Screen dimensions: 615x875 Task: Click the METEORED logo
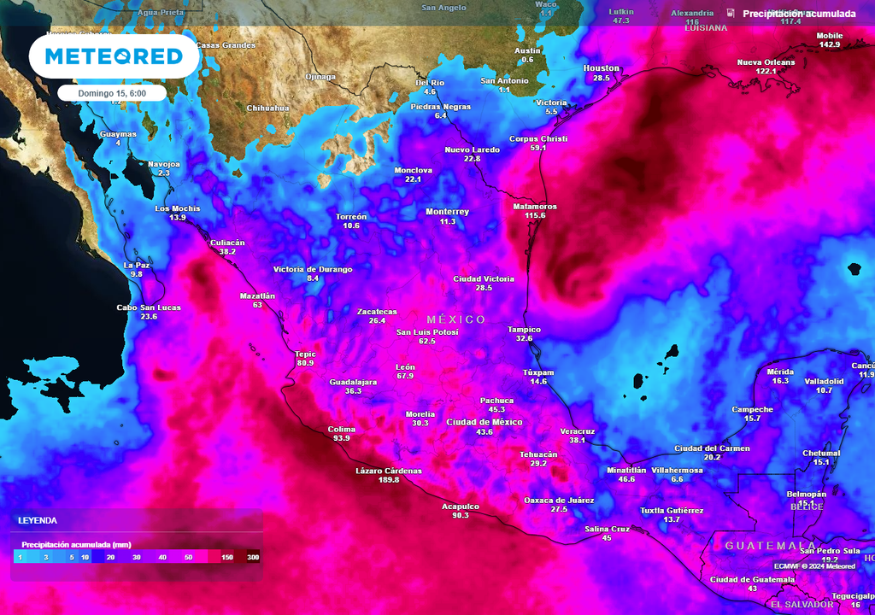pyautogui.click(x=114, y=56)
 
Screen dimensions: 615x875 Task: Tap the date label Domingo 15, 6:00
pyautogui.click(x=112, y=93)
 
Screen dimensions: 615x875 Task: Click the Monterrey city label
pyautogui.click(x=448, y=212)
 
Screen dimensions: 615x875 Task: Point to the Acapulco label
pyautogui.click(x=460, y=506)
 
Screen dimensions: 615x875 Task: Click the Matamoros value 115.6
pyautogui.click(x=535, y=215)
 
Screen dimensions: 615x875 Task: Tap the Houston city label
pyautogui.click(x=602, y=68)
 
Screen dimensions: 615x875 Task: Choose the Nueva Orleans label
pyautogui.click(x=766, y=62)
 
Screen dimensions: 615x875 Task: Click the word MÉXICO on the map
pyautogui.click(x=456, y=319)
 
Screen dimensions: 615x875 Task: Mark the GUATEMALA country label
pyautogui.click(x=770, y=545)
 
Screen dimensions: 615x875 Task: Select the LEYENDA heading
pyautogui.click(x=38, y=520)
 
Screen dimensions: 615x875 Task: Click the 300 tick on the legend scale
pyautogui.click(x=252, y=557)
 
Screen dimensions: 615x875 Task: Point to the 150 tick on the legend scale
pyautogui.click(x=227, y=557)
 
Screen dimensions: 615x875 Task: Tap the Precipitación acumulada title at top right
pyautogui.click(x=799, y=14)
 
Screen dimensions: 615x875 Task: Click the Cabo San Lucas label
pyautogui.click(x=149, y=307)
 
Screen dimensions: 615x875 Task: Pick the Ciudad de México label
pyautogui.click(x=484, y=422)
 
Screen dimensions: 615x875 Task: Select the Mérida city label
pyautogui.click(x=780, y=372)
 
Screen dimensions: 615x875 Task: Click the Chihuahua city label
pyautogui.click(x=267, y=108)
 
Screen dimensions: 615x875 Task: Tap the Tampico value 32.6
pyautogui.click(x=524, y=338)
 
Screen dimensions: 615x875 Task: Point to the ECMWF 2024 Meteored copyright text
pyautogui.click(x=814, y=565)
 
